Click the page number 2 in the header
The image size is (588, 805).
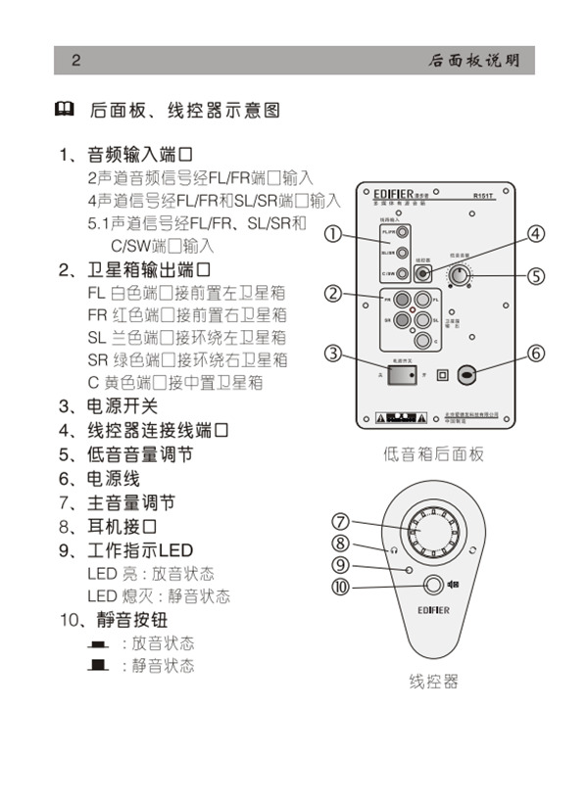coord(75,61)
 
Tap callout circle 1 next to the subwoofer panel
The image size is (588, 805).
coord(334,234)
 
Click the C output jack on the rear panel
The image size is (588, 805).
coord(421,342)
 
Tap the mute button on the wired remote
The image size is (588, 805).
coord(432,586)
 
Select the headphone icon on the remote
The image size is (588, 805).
coord(393,549)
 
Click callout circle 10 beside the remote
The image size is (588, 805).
coord(340,587)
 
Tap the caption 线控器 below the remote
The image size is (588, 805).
coord(433,682)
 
